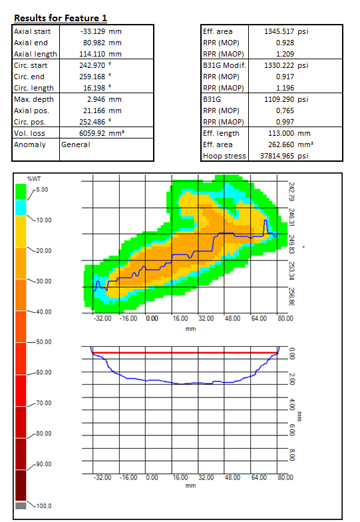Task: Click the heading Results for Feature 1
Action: click(61, 18)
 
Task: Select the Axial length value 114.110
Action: click(92, 54)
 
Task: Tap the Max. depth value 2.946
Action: click(96, 99)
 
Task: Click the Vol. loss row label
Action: click(29, 133)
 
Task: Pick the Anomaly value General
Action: click(76, 144)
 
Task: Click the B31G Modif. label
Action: click(225, 65)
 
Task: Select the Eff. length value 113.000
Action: click(281, 133)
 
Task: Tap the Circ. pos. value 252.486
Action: click(92, 122)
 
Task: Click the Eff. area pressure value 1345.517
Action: click(279, 31)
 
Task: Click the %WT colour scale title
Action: click(34, 178)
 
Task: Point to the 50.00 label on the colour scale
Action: click(44, 342)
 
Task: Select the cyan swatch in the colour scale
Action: click(21, 208)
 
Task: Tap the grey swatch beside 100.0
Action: click(21, 506)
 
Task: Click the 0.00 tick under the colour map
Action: click(152, 318)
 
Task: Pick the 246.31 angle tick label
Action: click(291, 217)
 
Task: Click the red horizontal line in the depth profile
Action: click(185, 353)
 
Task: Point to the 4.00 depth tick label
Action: click(291, 405)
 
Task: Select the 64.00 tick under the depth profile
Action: click(259, 477)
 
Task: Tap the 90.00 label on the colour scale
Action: click(44, 464)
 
